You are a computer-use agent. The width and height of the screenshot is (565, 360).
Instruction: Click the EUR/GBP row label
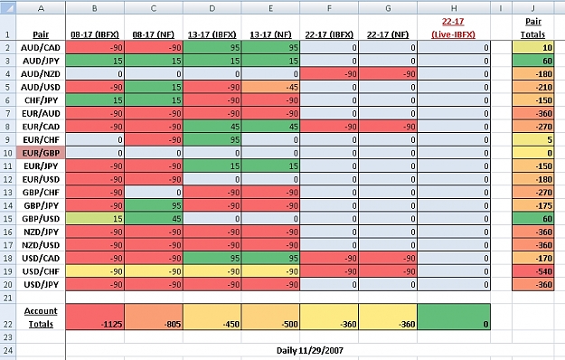[x=41, y=153]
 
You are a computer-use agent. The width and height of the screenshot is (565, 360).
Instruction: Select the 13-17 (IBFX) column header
[x=212, y=34]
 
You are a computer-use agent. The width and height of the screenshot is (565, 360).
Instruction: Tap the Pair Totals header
[x=533, y=28]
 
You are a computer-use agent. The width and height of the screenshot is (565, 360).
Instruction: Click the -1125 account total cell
[x=95, y=317]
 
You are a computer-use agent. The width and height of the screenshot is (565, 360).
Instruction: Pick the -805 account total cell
[x=154, y=317]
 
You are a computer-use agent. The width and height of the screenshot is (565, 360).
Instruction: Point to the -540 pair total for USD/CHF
[x=533, y=271]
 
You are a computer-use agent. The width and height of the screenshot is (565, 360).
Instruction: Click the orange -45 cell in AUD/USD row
[x=270, y=87]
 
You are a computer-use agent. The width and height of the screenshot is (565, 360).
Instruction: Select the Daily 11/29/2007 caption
[x=310, y=350]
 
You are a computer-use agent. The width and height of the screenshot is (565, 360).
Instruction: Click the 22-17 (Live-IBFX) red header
[x=453, y=28]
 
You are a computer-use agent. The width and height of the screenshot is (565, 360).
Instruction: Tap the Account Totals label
[x=41, y=317]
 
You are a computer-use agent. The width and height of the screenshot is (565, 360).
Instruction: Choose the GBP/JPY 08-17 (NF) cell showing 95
[x=154, y=205]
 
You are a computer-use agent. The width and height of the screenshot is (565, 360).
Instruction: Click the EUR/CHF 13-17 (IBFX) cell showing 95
[x=212, y=140]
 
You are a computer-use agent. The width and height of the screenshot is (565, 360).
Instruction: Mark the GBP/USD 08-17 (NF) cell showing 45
[x=154, y=219]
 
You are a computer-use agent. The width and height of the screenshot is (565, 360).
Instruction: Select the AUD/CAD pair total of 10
[x=533, y=48]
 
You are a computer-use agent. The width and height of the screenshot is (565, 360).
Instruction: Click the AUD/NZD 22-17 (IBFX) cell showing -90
[x=329, y=74]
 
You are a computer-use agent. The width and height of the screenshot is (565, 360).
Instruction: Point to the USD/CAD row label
[x=41, y=258]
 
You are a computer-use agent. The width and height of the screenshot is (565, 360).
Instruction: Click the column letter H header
[x=454, y=8]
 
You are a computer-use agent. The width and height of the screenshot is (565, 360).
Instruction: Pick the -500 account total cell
[x=270, y=317]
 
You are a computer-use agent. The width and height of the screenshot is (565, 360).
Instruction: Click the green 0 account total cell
[x=454, y=317]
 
